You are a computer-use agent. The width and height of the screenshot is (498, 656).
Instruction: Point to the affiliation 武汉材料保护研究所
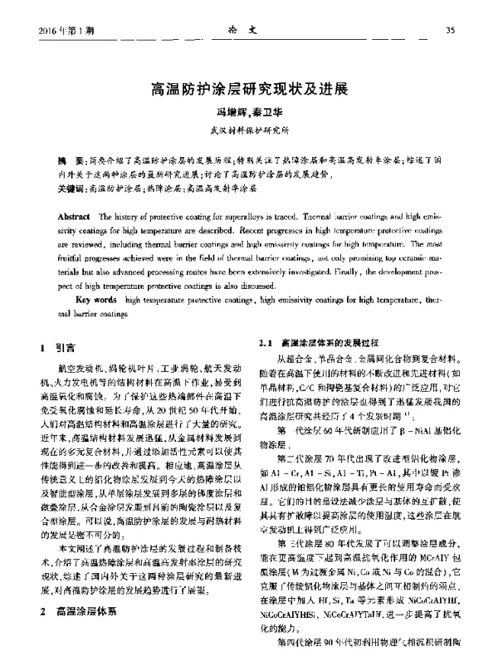[x=249, y=130]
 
